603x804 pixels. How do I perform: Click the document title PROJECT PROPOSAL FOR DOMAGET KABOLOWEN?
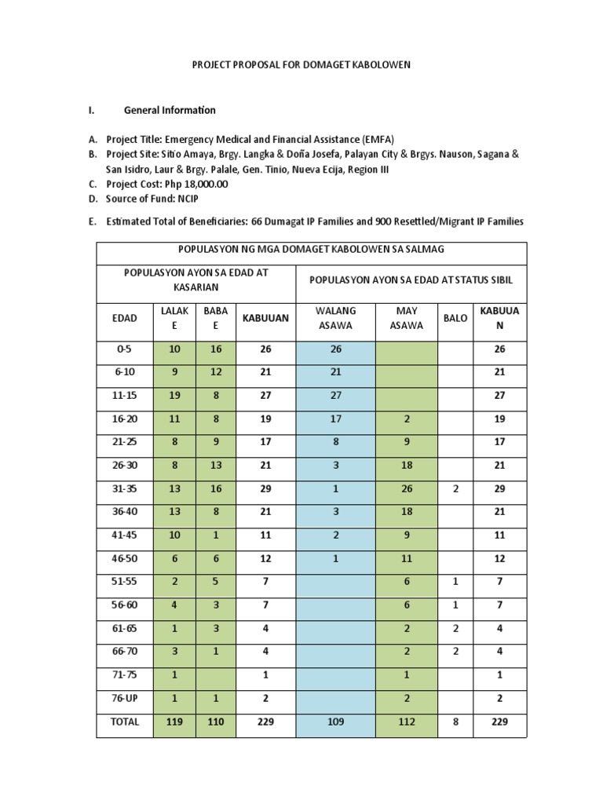(301, 65)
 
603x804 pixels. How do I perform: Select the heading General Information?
(170, 110)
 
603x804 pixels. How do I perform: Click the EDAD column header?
(124, 318)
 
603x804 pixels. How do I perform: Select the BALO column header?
(455, 318)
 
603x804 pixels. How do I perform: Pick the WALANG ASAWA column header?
(335, 318)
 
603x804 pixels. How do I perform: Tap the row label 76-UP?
(124, 698)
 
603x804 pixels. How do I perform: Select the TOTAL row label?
(124, 722)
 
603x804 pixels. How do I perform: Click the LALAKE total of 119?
(174, 722)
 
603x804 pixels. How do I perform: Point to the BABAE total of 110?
(215, 722)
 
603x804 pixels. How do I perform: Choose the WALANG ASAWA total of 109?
(335, 722)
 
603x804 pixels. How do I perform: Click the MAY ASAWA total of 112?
(406, 722)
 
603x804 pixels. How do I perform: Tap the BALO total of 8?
(455, 722)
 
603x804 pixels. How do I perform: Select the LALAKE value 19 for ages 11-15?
(174, 396)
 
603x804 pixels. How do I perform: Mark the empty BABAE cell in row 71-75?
(215, 674)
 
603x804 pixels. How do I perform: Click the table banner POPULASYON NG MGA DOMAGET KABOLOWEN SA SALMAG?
(312, 250)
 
